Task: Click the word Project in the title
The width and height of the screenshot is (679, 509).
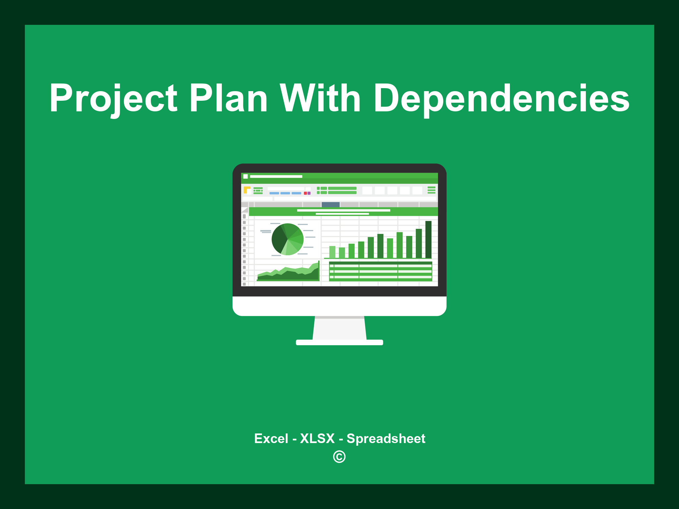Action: coord(113,99)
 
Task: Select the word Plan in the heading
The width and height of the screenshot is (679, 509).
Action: coord(228,98)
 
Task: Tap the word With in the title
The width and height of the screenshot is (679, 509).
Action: coord(320,98)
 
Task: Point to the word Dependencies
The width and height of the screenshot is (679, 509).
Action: coord(502,99)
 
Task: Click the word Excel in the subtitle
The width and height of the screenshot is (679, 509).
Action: coord(271,438)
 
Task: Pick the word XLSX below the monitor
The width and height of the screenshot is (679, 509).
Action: coord(317,438)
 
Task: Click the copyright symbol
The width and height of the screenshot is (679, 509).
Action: coord(339,457)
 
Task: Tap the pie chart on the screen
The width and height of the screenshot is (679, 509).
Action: coord(287,239)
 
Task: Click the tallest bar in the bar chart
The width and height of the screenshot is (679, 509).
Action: coord(428,239)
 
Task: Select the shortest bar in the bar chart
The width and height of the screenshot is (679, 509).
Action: coord(342,253)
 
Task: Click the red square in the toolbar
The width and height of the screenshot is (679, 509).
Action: coord(305,193)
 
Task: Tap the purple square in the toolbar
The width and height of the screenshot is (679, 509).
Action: coord(309,193)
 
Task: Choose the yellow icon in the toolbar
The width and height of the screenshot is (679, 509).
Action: coord(247,190)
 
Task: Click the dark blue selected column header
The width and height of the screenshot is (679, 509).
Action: coord(331,204)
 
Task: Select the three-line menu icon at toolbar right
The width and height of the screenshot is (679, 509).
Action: coord(431,190)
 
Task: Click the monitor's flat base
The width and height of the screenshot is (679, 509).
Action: coord(339,342)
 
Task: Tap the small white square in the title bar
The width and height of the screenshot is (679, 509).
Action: coord(246,176)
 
